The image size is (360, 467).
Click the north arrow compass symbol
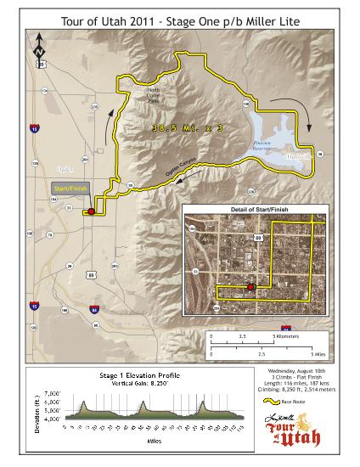[38, 50]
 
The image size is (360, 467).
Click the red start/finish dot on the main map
[90, 211]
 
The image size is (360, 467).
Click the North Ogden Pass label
[153, 95]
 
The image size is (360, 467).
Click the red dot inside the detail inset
[250, 287]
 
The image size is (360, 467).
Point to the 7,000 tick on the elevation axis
[51, 395]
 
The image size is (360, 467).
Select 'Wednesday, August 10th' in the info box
[295, 373]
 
